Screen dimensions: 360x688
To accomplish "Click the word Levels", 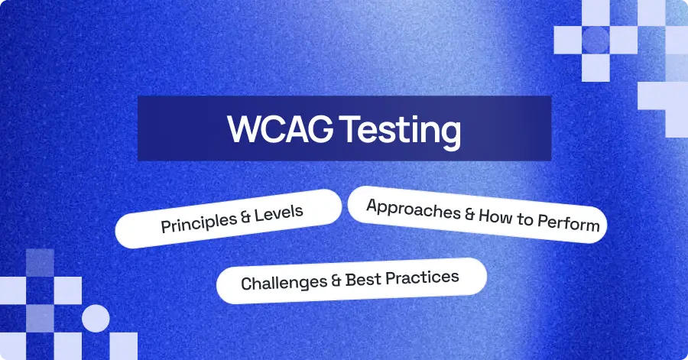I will (x=279, y=212).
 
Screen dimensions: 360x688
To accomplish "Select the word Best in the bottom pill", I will (x=365, y=279).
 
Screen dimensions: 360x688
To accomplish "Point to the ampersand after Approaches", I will (x=469, y=215).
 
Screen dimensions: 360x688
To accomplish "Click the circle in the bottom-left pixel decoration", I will (x=96, y=318).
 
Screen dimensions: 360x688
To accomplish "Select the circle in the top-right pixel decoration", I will (x=596, y=40).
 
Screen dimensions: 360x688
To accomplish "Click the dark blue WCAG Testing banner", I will (x=344, y=128).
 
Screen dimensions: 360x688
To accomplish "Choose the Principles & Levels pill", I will (x=229, y=219).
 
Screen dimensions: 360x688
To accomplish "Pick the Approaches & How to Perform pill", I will (x=478, y=216).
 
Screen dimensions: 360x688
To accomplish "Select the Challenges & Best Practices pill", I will (x=351, y=281).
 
